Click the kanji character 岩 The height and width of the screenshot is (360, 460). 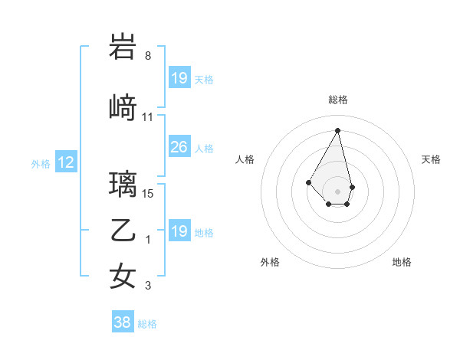point(123,47)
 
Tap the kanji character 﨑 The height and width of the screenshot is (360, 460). point(123,108)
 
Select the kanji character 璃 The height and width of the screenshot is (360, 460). point(123,184)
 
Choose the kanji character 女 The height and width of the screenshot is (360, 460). point(123,276)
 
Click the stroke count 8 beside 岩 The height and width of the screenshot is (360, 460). point(148,56)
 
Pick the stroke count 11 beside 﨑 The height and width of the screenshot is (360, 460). point(148,117)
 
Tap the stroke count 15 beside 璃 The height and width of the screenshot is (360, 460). point(148,193)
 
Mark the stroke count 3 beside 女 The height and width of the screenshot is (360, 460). point(148,286)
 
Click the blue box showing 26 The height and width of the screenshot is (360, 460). point(179,147)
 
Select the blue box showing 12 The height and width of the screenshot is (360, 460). point(65,162)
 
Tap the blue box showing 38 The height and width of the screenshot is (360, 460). point(123,323)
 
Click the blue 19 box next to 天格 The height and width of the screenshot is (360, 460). point(179,78)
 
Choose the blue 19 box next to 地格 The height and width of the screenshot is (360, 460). point(179,231)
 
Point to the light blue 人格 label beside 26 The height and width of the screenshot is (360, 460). point(204,148)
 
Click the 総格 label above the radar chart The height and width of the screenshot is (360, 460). point(337,100)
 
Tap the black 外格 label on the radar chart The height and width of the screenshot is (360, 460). point(270,262)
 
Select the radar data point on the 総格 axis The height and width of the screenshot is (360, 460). point(337,129)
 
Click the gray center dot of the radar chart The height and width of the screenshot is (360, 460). point(337,191)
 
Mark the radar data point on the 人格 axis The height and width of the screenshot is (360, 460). point(309,182)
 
